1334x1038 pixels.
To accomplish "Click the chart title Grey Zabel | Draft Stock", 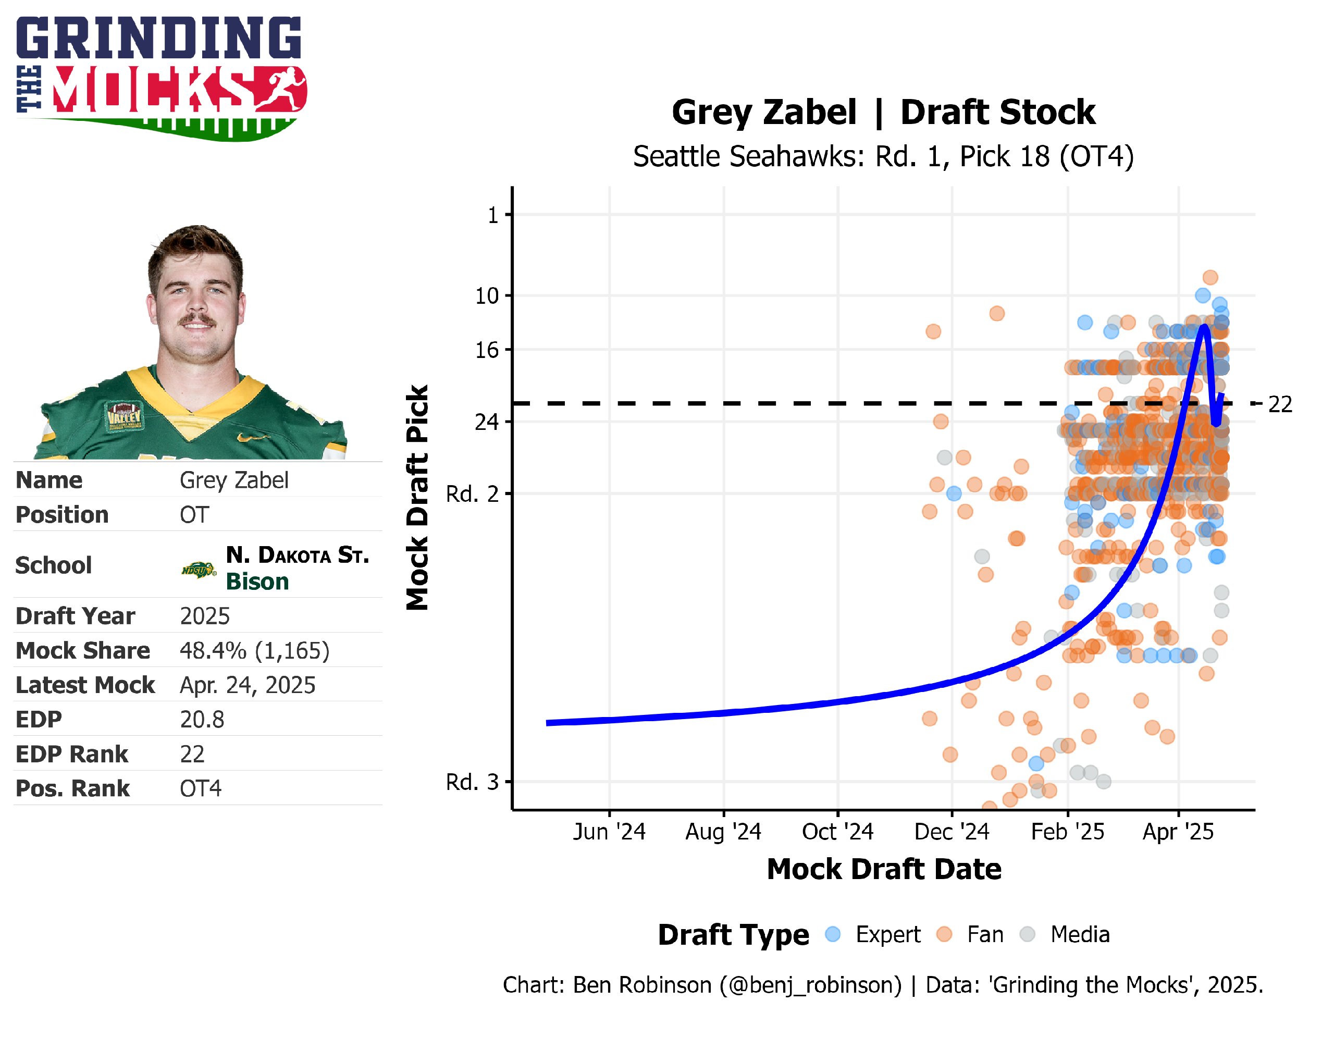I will pos(883,113).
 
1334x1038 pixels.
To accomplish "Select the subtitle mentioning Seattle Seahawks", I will pos(883,157).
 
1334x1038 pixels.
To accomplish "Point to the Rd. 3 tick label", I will pos(472,782).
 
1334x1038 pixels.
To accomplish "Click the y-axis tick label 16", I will pos(487,350).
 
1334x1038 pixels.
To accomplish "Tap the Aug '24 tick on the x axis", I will pos(723,832).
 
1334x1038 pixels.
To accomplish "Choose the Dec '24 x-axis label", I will pos(951,832).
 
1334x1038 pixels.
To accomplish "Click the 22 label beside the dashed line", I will pos(1280,404).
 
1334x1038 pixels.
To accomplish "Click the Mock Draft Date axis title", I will pos(883,869).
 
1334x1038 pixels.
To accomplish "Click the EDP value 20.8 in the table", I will pos(202,720).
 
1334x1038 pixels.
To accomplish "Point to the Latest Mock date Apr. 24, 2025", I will pos(248,685).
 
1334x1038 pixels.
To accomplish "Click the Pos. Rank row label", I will pos(72,789).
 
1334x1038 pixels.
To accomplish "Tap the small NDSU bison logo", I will pos(199,570).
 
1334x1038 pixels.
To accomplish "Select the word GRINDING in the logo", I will pos(159,38).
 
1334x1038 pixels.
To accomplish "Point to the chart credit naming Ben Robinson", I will pos(883,985).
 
